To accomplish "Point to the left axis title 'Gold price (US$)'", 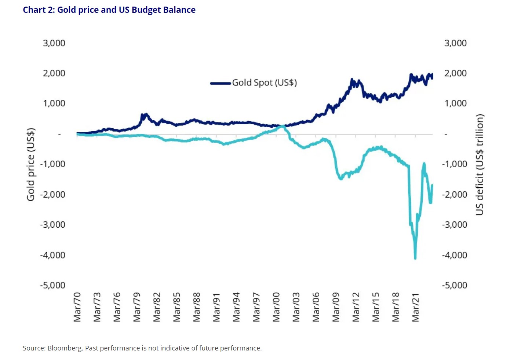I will click(x=31, y=164).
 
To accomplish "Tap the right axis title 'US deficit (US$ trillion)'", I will click(x=480, y=164).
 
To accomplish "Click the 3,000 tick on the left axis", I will click(x=54, y=43).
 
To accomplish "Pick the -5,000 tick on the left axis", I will click(x=52, y=285).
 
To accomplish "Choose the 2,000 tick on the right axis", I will click(x=455, y=73).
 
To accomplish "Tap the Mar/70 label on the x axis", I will click(x=77, y=307).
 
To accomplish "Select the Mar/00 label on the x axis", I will click(x=276, y=307).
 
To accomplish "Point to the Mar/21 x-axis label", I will click(x=415, y=307).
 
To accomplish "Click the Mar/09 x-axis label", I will click(x=336, y=307).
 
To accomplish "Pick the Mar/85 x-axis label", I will click(x=177, y=307).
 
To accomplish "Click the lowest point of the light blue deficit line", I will click(x=415, y=258).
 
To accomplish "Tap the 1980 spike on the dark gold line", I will click(x=145, y=115).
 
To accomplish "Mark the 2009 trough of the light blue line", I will click(x=341, y=179).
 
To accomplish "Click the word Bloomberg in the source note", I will click(x=65, y=348).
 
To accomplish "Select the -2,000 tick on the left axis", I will click(x=52, y=194).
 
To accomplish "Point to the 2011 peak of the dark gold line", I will click(x=352, y=80).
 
